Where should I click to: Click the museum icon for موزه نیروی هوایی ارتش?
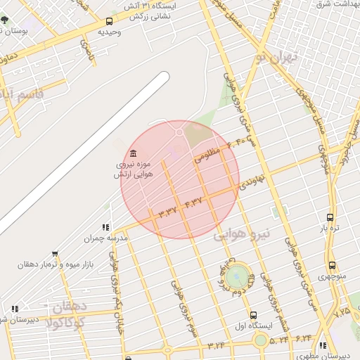pos(134,154)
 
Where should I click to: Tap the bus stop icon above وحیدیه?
pos(109,21)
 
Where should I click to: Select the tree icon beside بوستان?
pos(5,30)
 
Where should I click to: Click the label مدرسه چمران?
pos(106,238)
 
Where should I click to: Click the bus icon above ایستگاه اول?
pos(253,315)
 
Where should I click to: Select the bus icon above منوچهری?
pos(332,265)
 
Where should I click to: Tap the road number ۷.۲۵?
pos(343,310)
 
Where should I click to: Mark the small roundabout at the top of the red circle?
pos(179,131)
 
